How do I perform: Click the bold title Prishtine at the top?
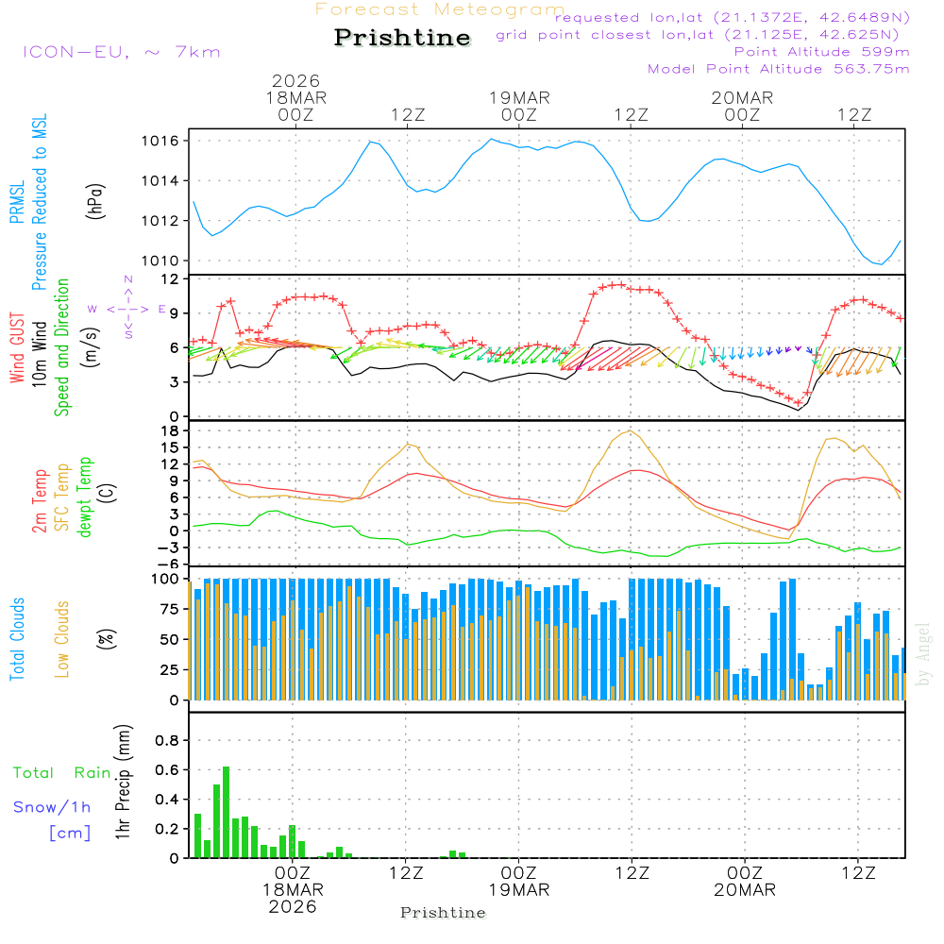coord(402,38)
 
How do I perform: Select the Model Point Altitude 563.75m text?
coord(778,69)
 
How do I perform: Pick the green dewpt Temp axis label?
coord(86,497)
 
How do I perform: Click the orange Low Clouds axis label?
coord(62,639)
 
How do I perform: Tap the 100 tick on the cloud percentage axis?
coord(168,579)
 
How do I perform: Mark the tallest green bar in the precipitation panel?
coord(226,812)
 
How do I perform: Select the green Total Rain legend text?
coord(61,773)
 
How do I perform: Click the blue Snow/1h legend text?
coord(52,807)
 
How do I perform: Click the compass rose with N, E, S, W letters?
coord(127,308)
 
